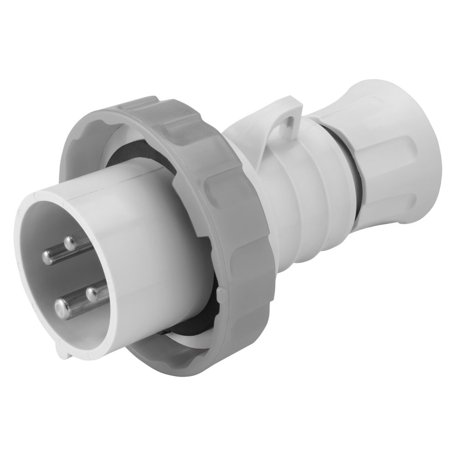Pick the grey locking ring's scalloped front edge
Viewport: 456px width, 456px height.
pyautogui.click(x=91, y=150)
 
